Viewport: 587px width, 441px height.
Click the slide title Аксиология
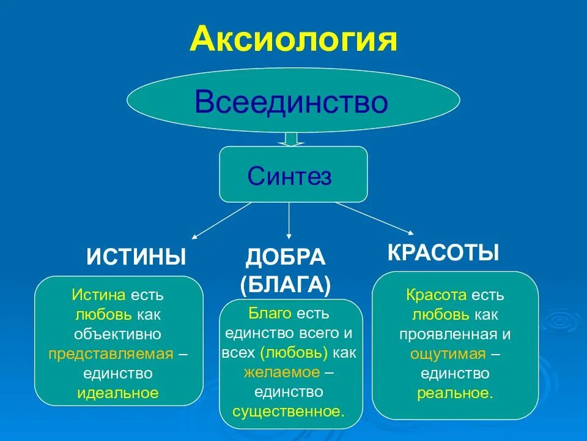(293, 39)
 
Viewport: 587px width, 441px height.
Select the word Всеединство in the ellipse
(292, 102)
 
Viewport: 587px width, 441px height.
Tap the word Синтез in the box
(289, 176)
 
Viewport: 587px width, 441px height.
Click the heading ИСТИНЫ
(136, 257)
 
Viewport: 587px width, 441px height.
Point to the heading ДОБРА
(286, 257)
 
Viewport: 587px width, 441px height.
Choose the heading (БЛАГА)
(286, 284)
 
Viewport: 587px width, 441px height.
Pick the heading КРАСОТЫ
(444, 252)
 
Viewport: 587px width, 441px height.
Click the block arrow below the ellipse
(292, 139)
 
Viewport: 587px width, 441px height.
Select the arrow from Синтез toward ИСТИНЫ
(222, 221)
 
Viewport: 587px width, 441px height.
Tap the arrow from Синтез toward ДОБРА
(289, 221)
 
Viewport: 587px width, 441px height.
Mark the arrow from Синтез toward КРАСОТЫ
(374, 218)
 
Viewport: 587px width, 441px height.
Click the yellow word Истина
(99, 295)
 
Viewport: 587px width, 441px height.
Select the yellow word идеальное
(117, 393)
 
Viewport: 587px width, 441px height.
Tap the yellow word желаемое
(281, 372)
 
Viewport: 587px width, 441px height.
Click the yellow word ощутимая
(448, 354)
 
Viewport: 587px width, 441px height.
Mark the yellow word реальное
(455, 393)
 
